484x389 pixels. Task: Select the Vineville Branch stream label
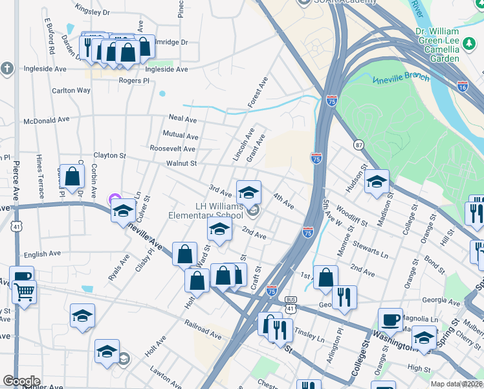pyautogui.click(x=401, y=78)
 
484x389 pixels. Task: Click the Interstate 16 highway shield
pyautogui.click(x=462, y=86)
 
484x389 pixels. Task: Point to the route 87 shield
pyautogui.click(x=358, y=144)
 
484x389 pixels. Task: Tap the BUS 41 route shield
pyautogui.click(x=291, y=304)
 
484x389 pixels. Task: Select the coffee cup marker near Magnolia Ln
pyautogui.click(x=390, y=320)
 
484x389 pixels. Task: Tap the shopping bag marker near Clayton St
pyautogui.click(x=73, y=176)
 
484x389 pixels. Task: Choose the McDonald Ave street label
pyautogui.click(x=46, y=120)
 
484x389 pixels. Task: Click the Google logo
pyautogui.click(x=21, y=381)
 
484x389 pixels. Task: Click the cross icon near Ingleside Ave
pyautogui.click(x=6, y=68)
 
